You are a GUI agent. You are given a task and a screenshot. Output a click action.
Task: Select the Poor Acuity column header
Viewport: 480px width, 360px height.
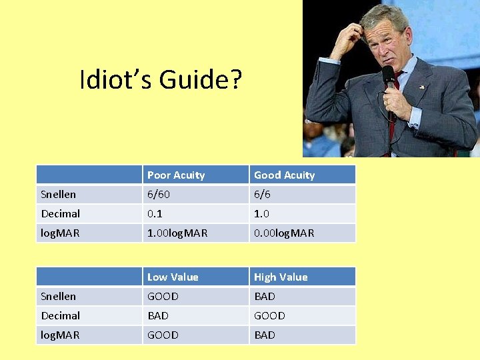tap(176, 175)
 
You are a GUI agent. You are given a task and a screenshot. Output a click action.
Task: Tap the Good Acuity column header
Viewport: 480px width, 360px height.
tap(284, 175)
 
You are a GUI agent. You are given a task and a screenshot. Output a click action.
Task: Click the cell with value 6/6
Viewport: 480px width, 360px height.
tap(263, 195)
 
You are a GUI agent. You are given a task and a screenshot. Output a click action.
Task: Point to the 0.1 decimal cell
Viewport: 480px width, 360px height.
tap(156, 214)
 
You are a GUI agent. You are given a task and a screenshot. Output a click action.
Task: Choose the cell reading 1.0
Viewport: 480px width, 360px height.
tap(262, 214)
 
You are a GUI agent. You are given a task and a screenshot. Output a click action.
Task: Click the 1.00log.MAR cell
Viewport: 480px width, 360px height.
tap(177, 233)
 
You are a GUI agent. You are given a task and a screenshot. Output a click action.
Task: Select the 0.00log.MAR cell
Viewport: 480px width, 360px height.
tap(284, 233)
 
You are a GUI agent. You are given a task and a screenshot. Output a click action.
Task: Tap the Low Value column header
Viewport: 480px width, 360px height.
tap(173, 277)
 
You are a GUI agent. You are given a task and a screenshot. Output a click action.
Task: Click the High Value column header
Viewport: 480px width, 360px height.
tap(281, 277)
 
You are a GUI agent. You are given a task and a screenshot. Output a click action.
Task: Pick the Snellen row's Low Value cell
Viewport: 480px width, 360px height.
tap(163, 296)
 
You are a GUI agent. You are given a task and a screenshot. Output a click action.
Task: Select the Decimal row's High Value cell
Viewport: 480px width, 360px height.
tap(269, 315)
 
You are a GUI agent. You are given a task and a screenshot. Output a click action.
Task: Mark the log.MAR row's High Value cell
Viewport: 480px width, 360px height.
tap(265, 335)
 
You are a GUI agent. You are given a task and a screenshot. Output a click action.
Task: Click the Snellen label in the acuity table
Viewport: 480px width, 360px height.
tap(59, 195)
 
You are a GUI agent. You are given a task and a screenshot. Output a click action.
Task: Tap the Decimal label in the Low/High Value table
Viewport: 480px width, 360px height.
tap(61, 315)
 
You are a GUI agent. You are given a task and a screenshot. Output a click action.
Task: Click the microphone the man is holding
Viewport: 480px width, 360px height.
tap(388, 77)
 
